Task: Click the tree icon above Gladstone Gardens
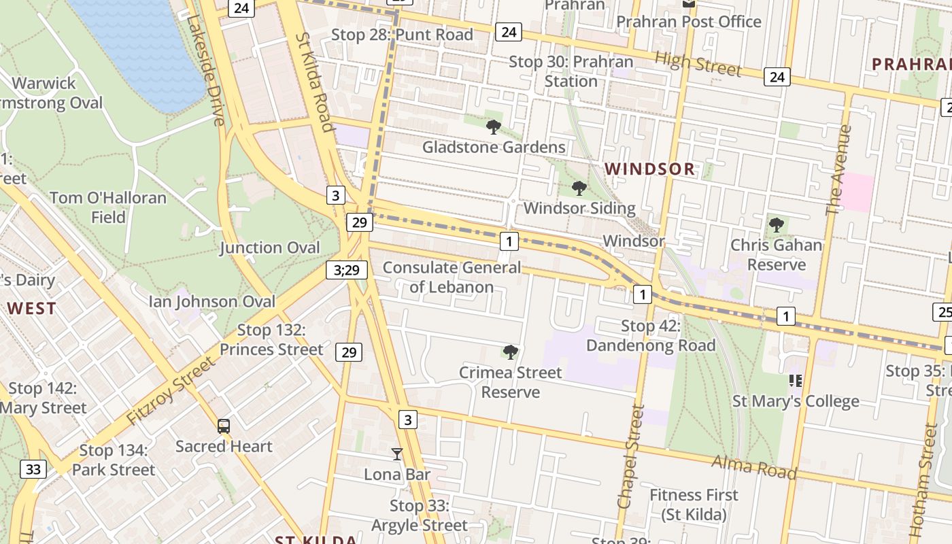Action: [x=494, y=126]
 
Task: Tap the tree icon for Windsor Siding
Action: [x=579, y=188]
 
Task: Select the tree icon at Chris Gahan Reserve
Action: [x=776, y=224]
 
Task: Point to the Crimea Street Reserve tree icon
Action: [x=510, y=352]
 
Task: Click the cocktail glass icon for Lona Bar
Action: [x=397, y=454]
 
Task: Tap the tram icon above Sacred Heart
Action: [x=224, y=426]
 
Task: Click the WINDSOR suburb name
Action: [x=650, y=169]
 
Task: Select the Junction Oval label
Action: [x=269, y=248]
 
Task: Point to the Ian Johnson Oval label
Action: [x=212, y=301]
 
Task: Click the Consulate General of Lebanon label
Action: [x=452, y=277]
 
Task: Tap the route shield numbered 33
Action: [x=33, y=469]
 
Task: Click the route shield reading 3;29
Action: [x=346, y=270]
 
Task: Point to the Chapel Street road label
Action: [x=630, y=456]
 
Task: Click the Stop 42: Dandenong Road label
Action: [x=651, y=336]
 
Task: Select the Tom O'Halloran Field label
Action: [x=108, y=207]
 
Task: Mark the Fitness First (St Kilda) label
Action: [x=694, y=505]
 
